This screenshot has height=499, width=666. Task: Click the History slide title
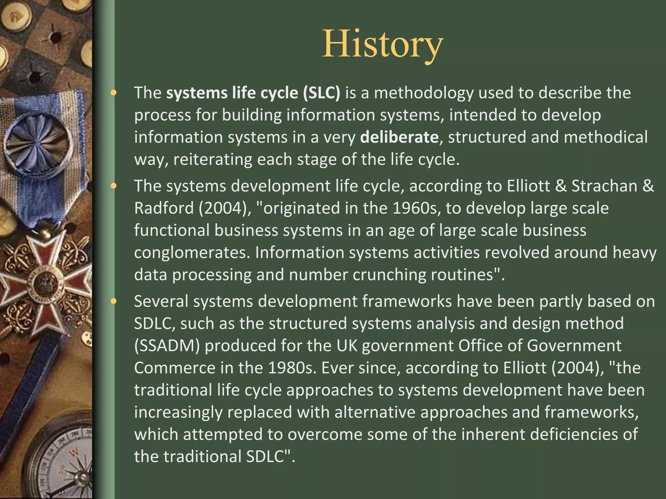[383, 45]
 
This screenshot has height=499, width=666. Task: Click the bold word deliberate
[399, 137]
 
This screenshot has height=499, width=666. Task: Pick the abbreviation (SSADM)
[167, 346]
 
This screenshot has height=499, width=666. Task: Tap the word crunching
[389, 275]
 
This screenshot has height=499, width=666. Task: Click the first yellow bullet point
[113, 93]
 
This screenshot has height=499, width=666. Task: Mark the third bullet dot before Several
[113, 302]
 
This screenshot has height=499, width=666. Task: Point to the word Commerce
[174, 368]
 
